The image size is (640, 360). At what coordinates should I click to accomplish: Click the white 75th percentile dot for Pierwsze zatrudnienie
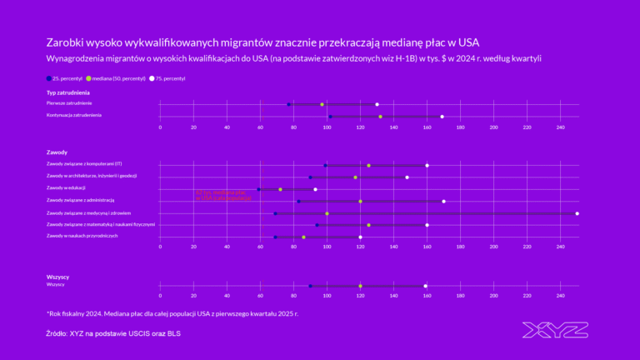tap(377, 104)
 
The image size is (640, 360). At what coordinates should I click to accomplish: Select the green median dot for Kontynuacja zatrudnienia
tap(381, 117)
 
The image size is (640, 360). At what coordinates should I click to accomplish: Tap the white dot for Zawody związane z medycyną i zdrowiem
tap(577, 213)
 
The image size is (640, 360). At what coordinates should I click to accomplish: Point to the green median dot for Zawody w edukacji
tap(280, 189)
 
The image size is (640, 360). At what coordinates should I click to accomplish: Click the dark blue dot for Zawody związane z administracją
tap(298, 202)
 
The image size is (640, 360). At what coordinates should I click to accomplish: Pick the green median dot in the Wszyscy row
tap(360, 286)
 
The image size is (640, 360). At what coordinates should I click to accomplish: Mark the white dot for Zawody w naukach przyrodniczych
tap(360, 237)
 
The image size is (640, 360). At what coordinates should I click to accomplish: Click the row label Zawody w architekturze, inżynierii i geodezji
tap(92, 177)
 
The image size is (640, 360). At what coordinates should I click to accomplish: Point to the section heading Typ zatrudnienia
tap(68, 92)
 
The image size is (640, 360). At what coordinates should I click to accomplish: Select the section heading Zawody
tap(57, 152)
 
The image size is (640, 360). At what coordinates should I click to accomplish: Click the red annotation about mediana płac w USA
tap(223, 196)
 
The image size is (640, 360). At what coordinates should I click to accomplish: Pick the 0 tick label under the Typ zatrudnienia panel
tap(160, 127)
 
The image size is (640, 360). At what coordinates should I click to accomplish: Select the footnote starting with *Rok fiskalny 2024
tap(172, 314)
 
